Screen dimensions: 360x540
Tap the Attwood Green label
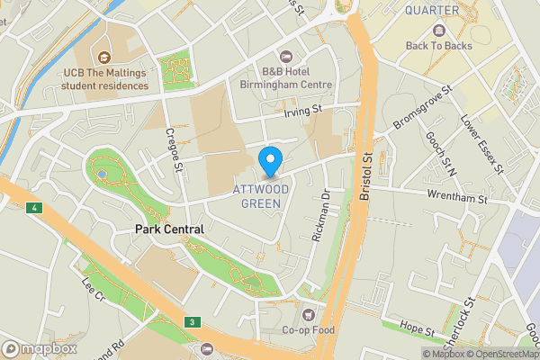click(256, 196)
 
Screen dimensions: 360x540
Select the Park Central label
click(169, 229)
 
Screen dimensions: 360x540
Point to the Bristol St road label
click(367, 170)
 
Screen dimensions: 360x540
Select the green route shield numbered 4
click(35, 209)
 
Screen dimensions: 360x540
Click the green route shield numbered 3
click(192, 321)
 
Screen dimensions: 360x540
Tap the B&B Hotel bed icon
click(286, 57)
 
